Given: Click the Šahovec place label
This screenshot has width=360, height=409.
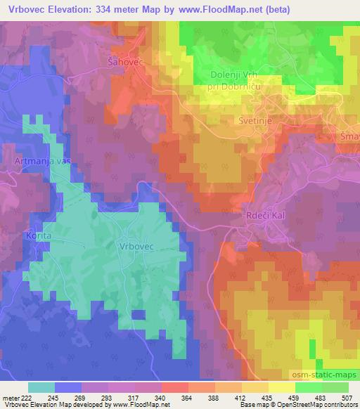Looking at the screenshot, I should [125, 63].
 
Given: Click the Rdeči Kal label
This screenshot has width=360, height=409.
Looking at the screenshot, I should [264, 215].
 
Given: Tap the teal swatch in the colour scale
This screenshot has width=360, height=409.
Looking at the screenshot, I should [41, 388].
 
